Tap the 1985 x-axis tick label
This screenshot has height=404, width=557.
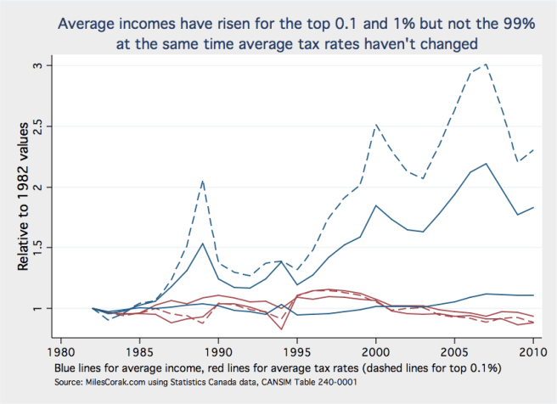coord(140,349)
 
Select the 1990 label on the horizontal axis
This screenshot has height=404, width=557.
coord(219,349)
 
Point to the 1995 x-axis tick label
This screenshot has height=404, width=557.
coord(298,349)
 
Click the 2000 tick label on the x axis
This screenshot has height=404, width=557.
coord(376,349)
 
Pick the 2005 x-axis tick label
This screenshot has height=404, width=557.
coord(455,349)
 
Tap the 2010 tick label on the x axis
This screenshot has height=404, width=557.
coord(533,349)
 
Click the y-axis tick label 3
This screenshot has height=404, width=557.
coord(48,65)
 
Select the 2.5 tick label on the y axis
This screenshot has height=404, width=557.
coord(44,126)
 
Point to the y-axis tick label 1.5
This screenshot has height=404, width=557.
coord(44,248)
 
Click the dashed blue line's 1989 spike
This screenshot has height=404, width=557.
coord(203,180)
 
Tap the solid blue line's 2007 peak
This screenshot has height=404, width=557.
coord(486,164)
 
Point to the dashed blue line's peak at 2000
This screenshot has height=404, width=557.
coord(376,125)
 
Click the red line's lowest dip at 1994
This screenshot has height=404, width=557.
coord(282,328)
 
